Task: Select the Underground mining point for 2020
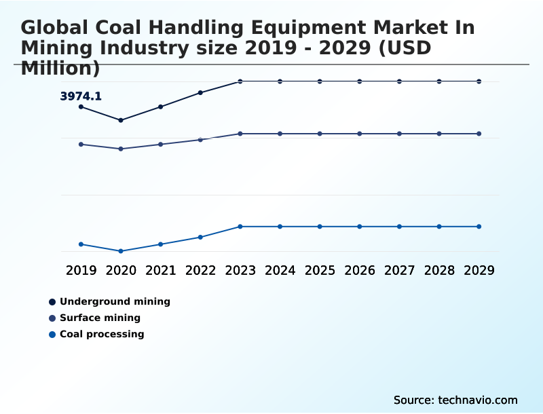(x=121, y=120)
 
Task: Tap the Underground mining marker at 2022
(x=200, y=92)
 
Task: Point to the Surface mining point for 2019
(x=81, y=144)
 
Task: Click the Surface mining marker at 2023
(x=240, y=134)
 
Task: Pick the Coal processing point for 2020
(x=121, y=251)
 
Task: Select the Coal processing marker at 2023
(x=240, y=226)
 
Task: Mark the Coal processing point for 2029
(x=479, y=226)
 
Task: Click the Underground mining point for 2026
(x=360, y=81)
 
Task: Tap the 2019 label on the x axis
(x=81, y=270)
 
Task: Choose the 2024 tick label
(x=280, y=270)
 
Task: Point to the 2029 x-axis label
(x=479, y=270)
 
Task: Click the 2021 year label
(x=161, y=270)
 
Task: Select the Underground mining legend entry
(x=115, y=301)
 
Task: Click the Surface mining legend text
(x=100, y=318)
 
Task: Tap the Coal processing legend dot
(x=52, y=334)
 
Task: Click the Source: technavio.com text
(x=455, y=400)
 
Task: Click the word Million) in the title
(x=60, y=68)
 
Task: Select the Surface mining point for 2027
(x=399, y=134)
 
